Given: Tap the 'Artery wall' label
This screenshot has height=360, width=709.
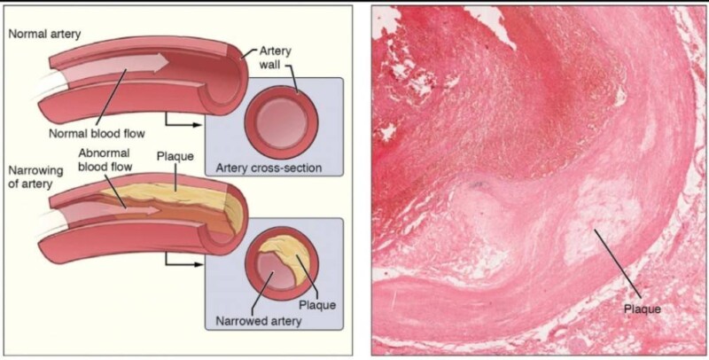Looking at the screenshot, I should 277,59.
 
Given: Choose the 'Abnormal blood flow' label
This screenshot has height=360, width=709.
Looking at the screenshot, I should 105,159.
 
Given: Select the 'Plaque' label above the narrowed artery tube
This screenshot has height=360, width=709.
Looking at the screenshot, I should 175,157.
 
